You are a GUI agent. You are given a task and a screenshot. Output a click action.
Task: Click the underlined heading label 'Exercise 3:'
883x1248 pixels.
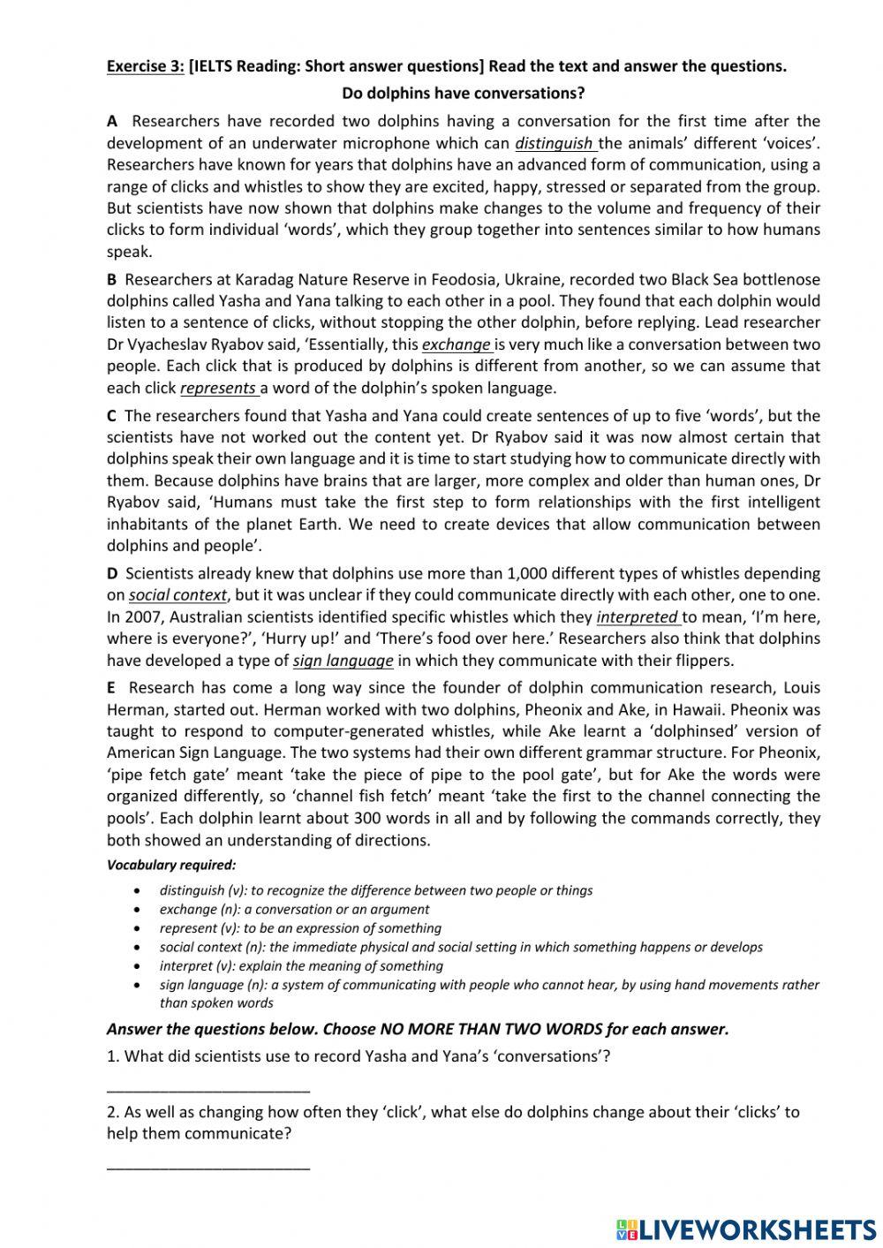click(145, 66)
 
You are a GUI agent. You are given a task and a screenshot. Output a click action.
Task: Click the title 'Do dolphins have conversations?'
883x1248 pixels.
click(463, 93)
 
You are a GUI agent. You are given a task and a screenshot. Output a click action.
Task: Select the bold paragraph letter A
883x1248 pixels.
click(112, 121)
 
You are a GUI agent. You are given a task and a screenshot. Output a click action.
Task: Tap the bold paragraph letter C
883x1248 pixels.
click(112, 415)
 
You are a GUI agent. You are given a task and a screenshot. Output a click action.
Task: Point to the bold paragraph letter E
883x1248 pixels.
click(112, 687)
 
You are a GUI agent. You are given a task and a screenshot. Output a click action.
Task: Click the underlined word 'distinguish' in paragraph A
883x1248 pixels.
click(555, 143)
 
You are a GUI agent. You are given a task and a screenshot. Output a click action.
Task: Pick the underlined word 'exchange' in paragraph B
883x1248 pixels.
click(456, 344)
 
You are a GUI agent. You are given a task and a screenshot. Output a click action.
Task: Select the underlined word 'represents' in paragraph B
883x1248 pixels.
click(218, 388)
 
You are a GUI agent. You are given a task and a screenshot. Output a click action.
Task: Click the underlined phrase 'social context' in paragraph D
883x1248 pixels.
click(177, 595)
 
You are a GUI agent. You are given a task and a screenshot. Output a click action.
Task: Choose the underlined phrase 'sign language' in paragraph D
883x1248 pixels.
click(343, 660)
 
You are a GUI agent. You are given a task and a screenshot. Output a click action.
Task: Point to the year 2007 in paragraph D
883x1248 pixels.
click(144, 616)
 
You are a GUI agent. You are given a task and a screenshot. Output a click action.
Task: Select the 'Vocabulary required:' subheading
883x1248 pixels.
click(170, 865)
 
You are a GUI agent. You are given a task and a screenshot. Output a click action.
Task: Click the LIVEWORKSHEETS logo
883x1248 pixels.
click(746, 1229)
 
